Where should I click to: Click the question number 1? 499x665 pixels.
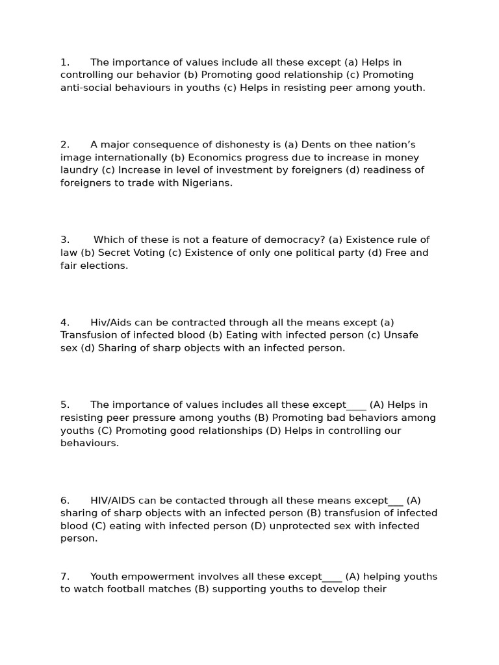(x=64, y=62)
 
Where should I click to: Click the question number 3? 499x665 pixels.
(x=64, y=240)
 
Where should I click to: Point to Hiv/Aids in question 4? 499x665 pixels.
(x=110, y=322)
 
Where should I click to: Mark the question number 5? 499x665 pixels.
(x=64, y=405)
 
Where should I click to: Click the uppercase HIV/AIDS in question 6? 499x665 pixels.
(x=113, y=500)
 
